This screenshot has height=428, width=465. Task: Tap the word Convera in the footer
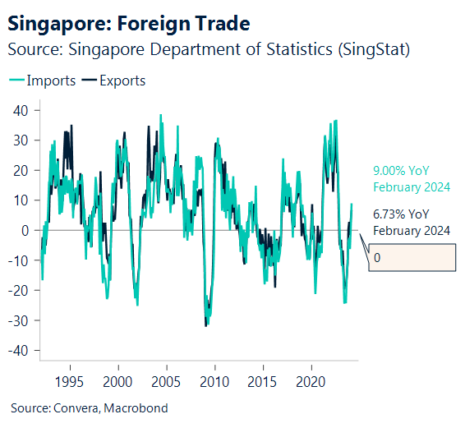point(74,407)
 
